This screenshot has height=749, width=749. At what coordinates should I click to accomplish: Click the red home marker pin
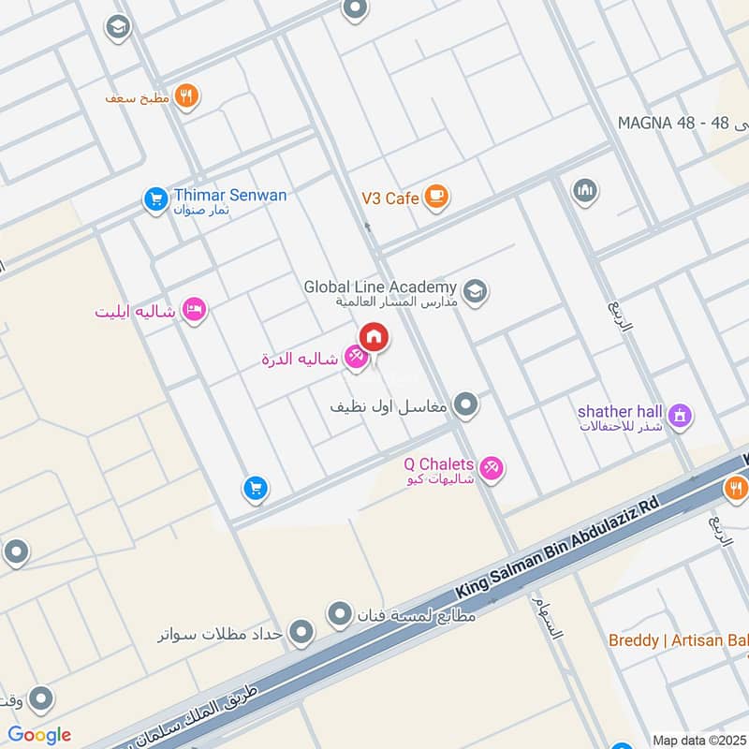[x=374, y=337]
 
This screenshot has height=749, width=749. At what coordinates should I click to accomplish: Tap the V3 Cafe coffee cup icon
[x=435, y=197]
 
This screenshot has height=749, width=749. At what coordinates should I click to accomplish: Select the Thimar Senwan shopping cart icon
[x=154, y=198]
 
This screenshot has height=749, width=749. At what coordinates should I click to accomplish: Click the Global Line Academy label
[x=380, y=286]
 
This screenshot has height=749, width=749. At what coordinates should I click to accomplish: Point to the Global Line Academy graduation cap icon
[x=475, y=292]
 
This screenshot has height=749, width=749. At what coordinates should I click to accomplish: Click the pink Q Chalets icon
[x=491, y=467]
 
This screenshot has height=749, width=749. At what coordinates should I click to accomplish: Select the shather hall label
[x=621, y=411]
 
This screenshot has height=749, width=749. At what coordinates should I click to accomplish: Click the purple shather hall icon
[x=680, y=415]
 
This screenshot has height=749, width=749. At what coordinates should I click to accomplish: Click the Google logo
[x=39, y=734]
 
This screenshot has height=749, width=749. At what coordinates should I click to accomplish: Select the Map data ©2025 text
[x=698, y=740]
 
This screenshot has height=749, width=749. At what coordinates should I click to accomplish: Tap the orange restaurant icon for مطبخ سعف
[x=187, y=96]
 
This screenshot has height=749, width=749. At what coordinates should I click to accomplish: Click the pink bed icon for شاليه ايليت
[x=194, y=310]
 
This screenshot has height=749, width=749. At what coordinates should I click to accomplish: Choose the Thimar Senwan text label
[x=230, y=196]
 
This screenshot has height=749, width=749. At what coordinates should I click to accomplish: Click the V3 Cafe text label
[x=389, y=198]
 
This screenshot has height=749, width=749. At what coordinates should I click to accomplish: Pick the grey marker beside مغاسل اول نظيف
[x=465, y=405]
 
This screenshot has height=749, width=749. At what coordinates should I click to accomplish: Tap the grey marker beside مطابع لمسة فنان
[x=339, y=615]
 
